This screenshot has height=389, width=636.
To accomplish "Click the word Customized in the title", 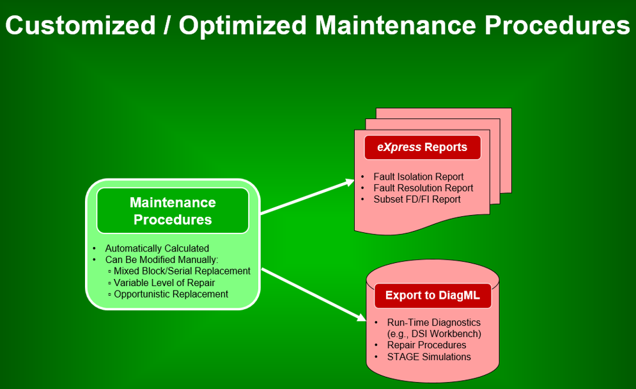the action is pos(81,25).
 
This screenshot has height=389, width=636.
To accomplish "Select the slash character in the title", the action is pos(167,25).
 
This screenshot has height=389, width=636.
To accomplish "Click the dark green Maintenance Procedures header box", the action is pos(173,210).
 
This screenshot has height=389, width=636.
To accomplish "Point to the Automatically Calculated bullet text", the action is pos(157,248).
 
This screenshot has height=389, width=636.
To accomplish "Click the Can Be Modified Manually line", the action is pos(162,260).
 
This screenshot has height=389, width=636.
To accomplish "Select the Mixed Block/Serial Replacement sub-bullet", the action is pos(182,271).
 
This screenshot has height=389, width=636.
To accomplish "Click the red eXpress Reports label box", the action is pos(423,147).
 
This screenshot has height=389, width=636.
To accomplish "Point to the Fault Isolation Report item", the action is pos(418,177).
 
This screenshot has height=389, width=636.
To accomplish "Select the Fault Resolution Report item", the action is pos(423,188).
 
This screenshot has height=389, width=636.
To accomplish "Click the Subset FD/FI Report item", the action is pos(417,200).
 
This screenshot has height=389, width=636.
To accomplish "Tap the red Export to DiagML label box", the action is pos(432,295).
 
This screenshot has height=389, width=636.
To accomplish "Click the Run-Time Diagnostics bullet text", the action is pos(433,322).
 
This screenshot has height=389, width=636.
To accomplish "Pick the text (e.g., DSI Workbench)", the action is pos(434,334).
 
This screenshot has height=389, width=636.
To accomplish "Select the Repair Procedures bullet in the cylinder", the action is pos(427,345).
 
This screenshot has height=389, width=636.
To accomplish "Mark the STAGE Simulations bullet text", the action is pos(429,357).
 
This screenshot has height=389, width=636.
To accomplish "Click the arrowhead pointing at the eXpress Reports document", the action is pos(350,182).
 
